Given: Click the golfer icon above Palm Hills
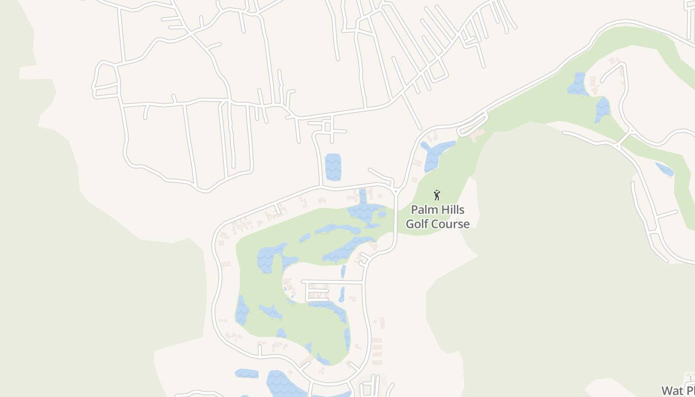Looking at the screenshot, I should tap(437, 195).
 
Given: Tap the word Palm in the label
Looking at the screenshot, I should tap(423, 210).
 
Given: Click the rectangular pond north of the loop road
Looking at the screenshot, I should tap(333, 167).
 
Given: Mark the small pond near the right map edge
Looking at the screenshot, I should tap(664, 169).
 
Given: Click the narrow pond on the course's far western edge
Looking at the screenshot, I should tap(242, 310).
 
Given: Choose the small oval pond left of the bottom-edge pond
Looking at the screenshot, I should tap(246, 373).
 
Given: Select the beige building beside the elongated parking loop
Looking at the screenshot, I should tap(477, 134).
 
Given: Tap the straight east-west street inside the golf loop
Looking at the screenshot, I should tap(333, 282).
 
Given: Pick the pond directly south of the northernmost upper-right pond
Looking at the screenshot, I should tap(602, 110).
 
